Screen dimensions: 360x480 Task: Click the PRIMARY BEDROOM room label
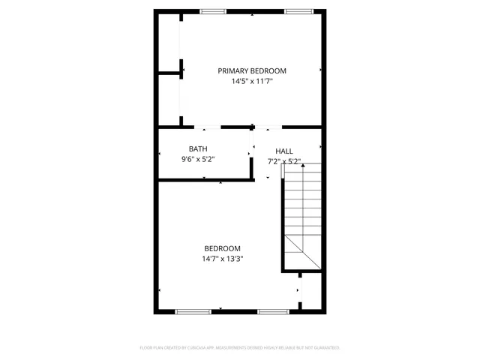(252, 70)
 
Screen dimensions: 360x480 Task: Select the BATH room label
(198, 148)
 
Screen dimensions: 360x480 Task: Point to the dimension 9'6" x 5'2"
(198, 159)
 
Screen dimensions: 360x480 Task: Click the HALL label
(284, 151)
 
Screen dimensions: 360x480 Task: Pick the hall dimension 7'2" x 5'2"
(284, 161)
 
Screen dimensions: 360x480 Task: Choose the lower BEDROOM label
(223, 249)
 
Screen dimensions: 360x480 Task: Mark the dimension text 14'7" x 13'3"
(223, 259)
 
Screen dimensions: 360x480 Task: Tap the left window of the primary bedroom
(213, 11)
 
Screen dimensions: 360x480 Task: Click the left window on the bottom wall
(187, 311)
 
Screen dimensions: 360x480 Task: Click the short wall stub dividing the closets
(170, 73)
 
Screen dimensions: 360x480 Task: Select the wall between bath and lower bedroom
(205, 180)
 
